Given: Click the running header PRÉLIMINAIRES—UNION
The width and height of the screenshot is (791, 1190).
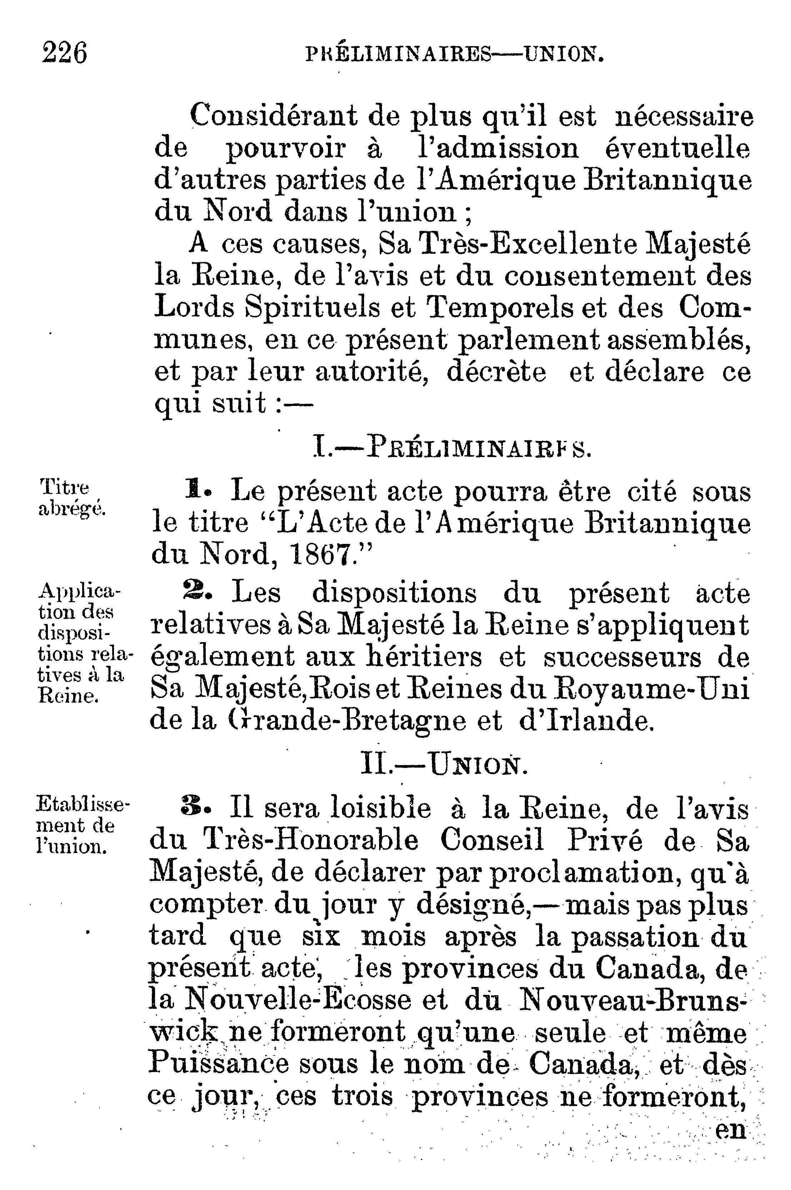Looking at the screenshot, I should (454, 54).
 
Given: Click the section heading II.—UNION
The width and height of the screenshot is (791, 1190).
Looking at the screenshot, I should (444, 767).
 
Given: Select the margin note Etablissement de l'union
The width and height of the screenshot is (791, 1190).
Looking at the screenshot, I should (82, 825).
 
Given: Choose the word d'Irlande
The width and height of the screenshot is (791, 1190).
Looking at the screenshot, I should (586, 722).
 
